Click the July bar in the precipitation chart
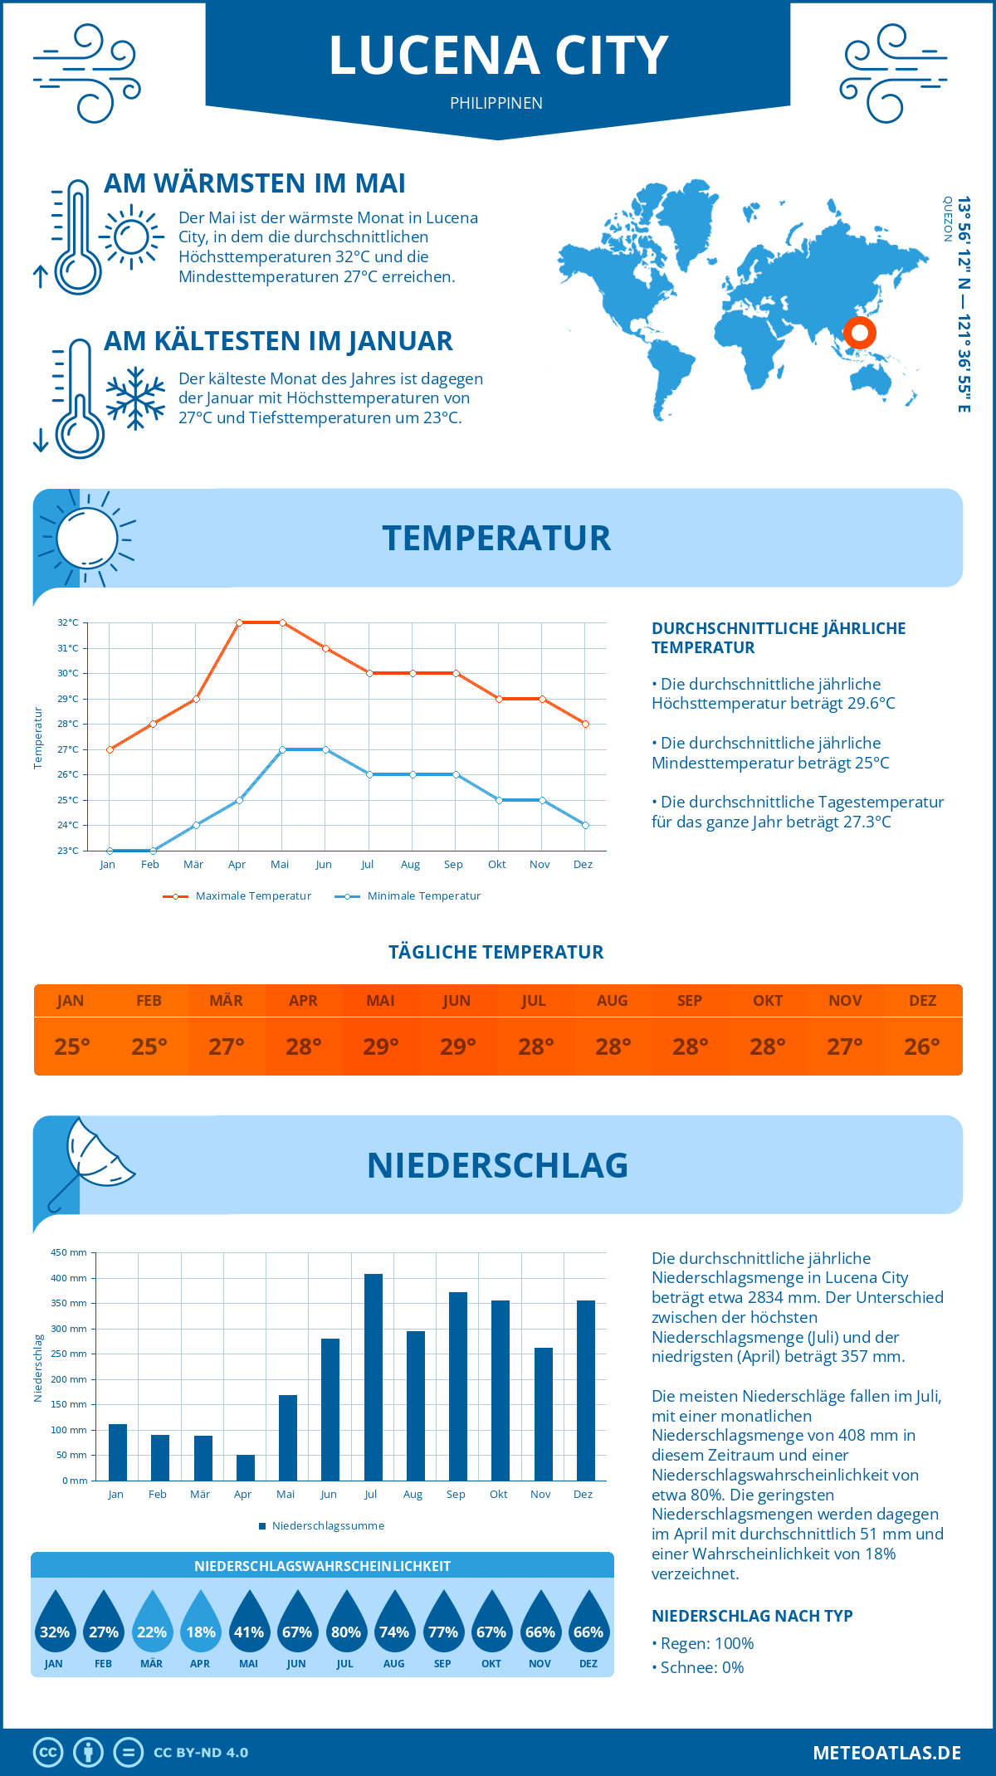[x=373, y=1377]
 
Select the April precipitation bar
[x=246, y=1467]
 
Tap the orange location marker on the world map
[x=860, y=333]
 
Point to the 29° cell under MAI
[x=381, y=1047]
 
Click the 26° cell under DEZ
[x=922, y=1047]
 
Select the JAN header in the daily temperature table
[x=71, y=1001]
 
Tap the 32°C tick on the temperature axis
[x=68, y=622]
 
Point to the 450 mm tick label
[x=69, y=1252]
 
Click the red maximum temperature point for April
[x=239, y=622]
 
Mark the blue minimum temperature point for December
[x=585, y=825]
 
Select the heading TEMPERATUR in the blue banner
[x=496, y=538]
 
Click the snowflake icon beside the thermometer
[x=135, y=398]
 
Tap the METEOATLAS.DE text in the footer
[x=886, y=1753]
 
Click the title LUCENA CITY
[x=498, y=56]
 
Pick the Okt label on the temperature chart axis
[x=496, y=865]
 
